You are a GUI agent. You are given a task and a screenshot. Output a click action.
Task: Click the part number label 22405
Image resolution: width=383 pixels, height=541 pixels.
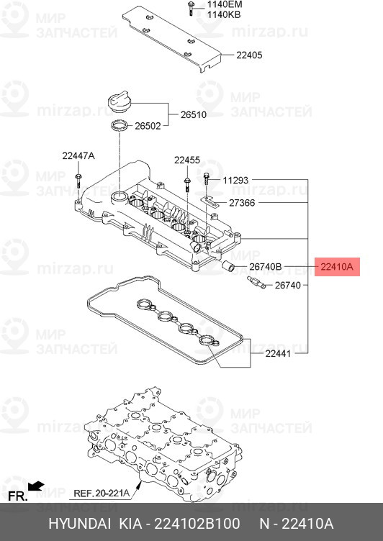(250, 54)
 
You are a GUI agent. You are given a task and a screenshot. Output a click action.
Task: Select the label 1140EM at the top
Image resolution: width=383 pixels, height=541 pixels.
(225, 4)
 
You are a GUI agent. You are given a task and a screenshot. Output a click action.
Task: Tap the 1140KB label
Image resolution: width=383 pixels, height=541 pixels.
(224, 14)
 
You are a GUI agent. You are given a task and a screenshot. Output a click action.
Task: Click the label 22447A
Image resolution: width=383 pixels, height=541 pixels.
(78, 156)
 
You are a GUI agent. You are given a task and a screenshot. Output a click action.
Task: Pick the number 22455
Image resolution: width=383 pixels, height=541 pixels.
(186, 160)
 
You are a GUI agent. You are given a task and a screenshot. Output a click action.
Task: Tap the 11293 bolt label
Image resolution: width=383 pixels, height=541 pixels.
(235, 180)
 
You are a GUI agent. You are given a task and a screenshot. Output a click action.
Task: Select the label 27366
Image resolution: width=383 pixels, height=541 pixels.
(242, 203)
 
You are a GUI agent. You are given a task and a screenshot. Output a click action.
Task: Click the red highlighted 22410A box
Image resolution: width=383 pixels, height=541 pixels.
(337, 267)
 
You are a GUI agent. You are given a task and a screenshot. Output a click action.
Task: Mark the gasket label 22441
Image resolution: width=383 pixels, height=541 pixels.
(279, 353)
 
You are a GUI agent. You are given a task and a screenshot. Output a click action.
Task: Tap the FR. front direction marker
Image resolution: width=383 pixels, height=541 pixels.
(17, 496)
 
